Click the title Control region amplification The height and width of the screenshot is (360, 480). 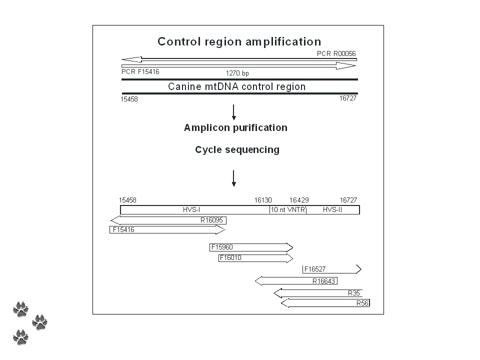pyautogui.click(x=239, y=41)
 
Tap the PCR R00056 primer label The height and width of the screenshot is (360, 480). pyautogui.click(x=336, y=53)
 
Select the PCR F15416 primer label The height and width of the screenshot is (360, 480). pyautogui.click(x=140, y=71)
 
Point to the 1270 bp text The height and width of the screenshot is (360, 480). pyautogui.click(x=237, y=73)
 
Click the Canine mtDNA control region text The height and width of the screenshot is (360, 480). pyautogui.click(x=236, y=86)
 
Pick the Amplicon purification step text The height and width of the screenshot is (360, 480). pyautogui.click(x=235, y=127)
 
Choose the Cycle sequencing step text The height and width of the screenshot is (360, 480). pyautogui.click(x=237, y=149)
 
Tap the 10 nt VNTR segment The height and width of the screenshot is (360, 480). pyautogui.click(x=287, y=210)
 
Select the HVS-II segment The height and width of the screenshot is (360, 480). pyautogui.click(x=332, y=210)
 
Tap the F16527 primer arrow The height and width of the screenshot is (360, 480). pyautogui.click(x=331, y=269)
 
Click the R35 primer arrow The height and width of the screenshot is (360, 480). pyautogui.click(x=318, y=293)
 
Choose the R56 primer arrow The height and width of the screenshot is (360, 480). pyautogui.click(x=325, y=303)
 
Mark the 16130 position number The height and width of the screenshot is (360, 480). pyautogui.click(x=263, y=200)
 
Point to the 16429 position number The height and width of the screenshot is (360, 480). pyautogui.click(x=298, y=200)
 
